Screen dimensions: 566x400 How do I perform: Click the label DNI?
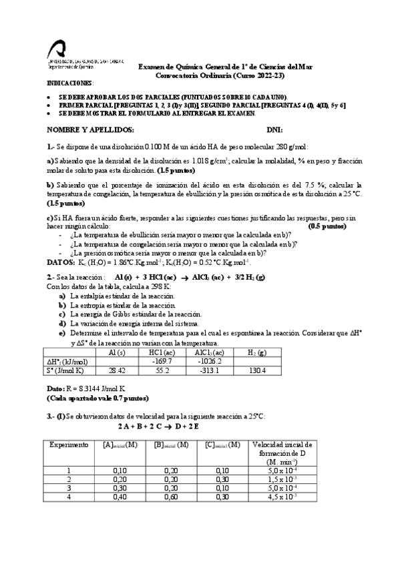pos(274,129)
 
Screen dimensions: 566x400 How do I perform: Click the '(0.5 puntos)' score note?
pos(327,227)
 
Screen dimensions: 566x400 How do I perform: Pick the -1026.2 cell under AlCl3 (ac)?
pos(208,361)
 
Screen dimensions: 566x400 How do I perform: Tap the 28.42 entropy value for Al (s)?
pos(117,370)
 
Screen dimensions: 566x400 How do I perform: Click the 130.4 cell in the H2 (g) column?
pos(257,370)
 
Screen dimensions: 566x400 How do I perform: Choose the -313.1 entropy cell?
pos(208,370)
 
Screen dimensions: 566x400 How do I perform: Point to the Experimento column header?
pos(68,445)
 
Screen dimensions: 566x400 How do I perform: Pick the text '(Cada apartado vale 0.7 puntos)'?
pos(97,397)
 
